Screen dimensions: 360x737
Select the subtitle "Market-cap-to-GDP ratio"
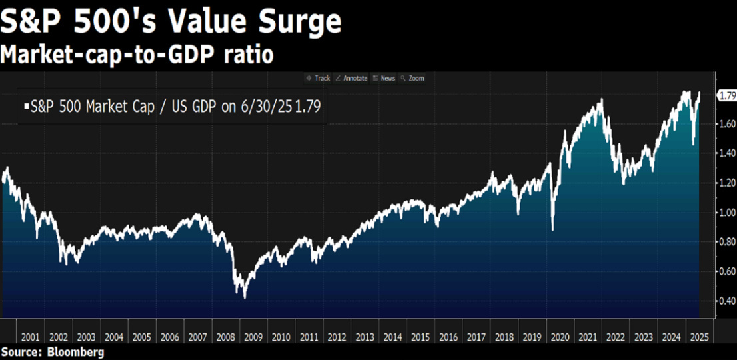tap(137, 55)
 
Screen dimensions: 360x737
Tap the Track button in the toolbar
tap(319, 78)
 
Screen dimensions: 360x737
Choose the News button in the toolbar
tap(384, 78)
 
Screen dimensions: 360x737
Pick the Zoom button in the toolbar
tap(413, 78)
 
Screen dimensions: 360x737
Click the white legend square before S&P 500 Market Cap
tap(27, 106)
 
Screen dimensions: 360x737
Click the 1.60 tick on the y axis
tap(726, 124)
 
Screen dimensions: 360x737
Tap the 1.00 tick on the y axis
tap(726, 213)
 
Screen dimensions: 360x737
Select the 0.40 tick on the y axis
tap(726, 301)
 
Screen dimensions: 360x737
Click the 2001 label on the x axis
tap(30, 337)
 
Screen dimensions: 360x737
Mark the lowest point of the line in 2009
tap(245, 297)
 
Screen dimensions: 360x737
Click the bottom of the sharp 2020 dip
tap(552, 230)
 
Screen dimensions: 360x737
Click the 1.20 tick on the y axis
tap(726, 183)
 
